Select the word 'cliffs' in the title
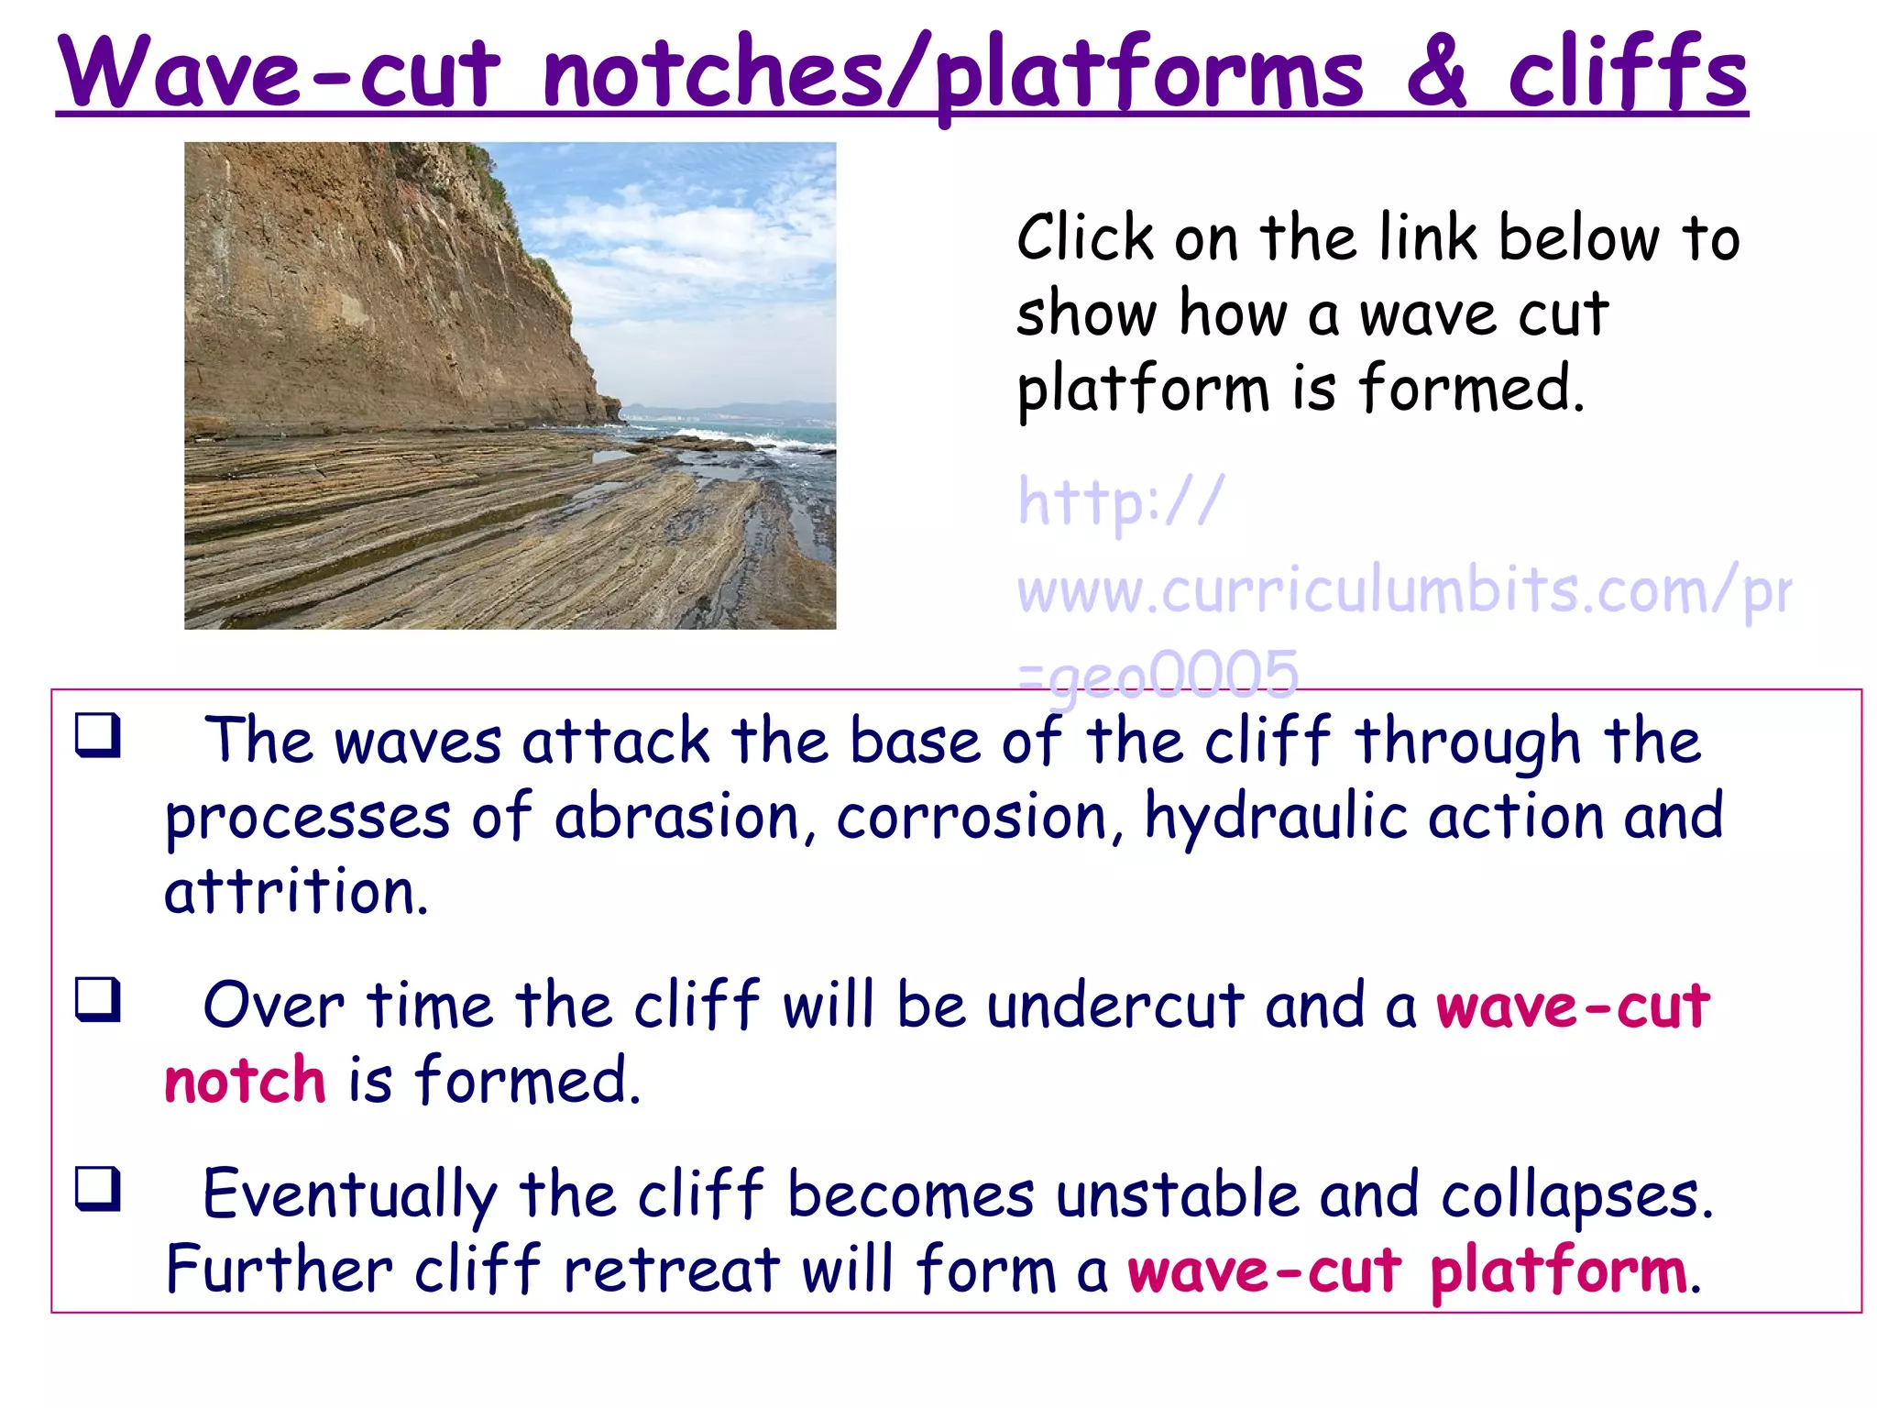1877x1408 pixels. pos(1627,73)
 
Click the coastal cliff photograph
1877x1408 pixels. pos(510,385)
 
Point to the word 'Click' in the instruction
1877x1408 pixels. pos(1085,238)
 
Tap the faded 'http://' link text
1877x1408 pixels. pos(1120,501)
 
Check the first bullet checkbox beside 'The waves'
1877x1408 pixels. pos(98,735)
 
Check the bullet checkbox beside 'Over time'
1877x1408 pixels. pos(98,999)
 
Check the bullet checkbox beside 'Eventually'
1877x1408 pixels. pos(98,1189)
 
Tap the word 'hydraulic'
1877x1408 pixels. pos(1275,818)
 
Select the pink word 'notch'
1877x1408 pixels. pos(245,1081)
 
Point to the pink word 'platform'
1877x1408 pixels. pos(1558,1272)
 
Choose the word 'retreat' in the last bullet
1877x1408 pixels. pos(671,1271)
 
